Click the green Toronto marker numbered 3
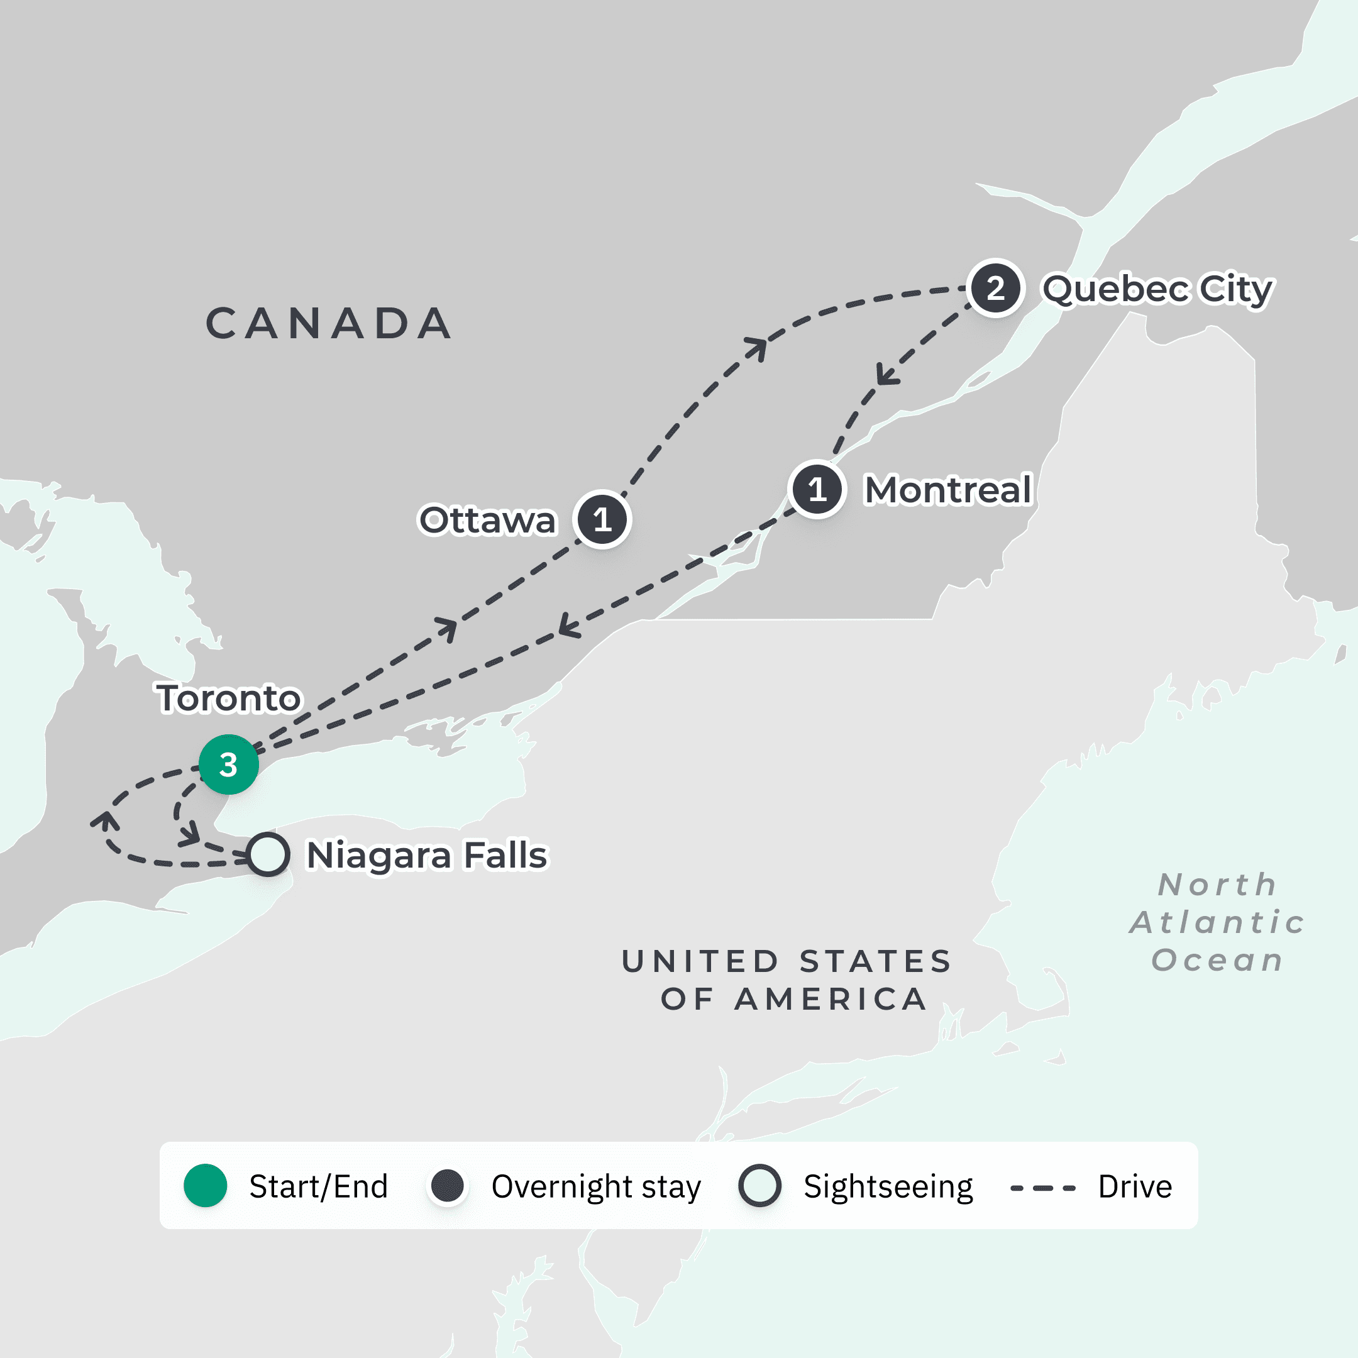point(228,764)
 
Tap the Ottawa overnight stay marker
point(602,519)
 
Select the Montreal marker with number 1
point(817,489)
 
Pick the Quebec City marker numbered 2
point(995,288)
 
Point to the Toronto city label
point(229,698)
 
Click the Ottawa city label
point(487,520)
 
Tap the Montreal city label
point(948,490)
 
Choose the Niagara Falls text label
point(428,856)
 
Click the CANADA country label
point(329,323)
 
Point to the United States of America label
point(787,980)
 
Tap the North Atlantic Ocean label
point(1217,922)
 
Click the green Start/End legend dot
point(205,1186)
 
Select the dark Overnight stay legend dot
point(448,1186)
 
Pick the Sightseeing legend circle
point(760,1186)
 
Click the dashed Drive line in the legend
point(1043,1188)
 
